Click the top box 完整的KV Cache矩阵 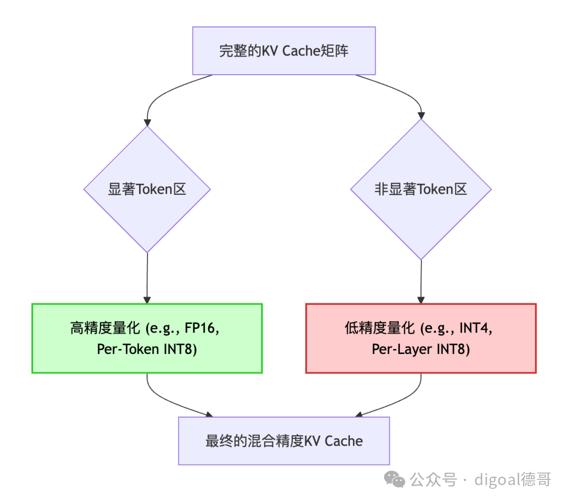click(284, 51)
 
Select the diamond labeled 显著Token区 click(147, 190)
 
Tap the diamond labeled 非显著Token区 click(421, 190)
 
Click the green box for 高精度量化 click(147, 338)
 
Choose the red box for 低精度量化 click(421, 338)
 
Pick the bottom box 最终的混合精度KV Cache click(284, 441)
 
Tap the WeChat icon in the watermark click(395, 479)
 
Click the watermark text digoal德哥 click(513, 479)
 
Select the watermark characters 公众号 click(433, 479)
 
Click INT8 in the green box click(179, 349)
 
